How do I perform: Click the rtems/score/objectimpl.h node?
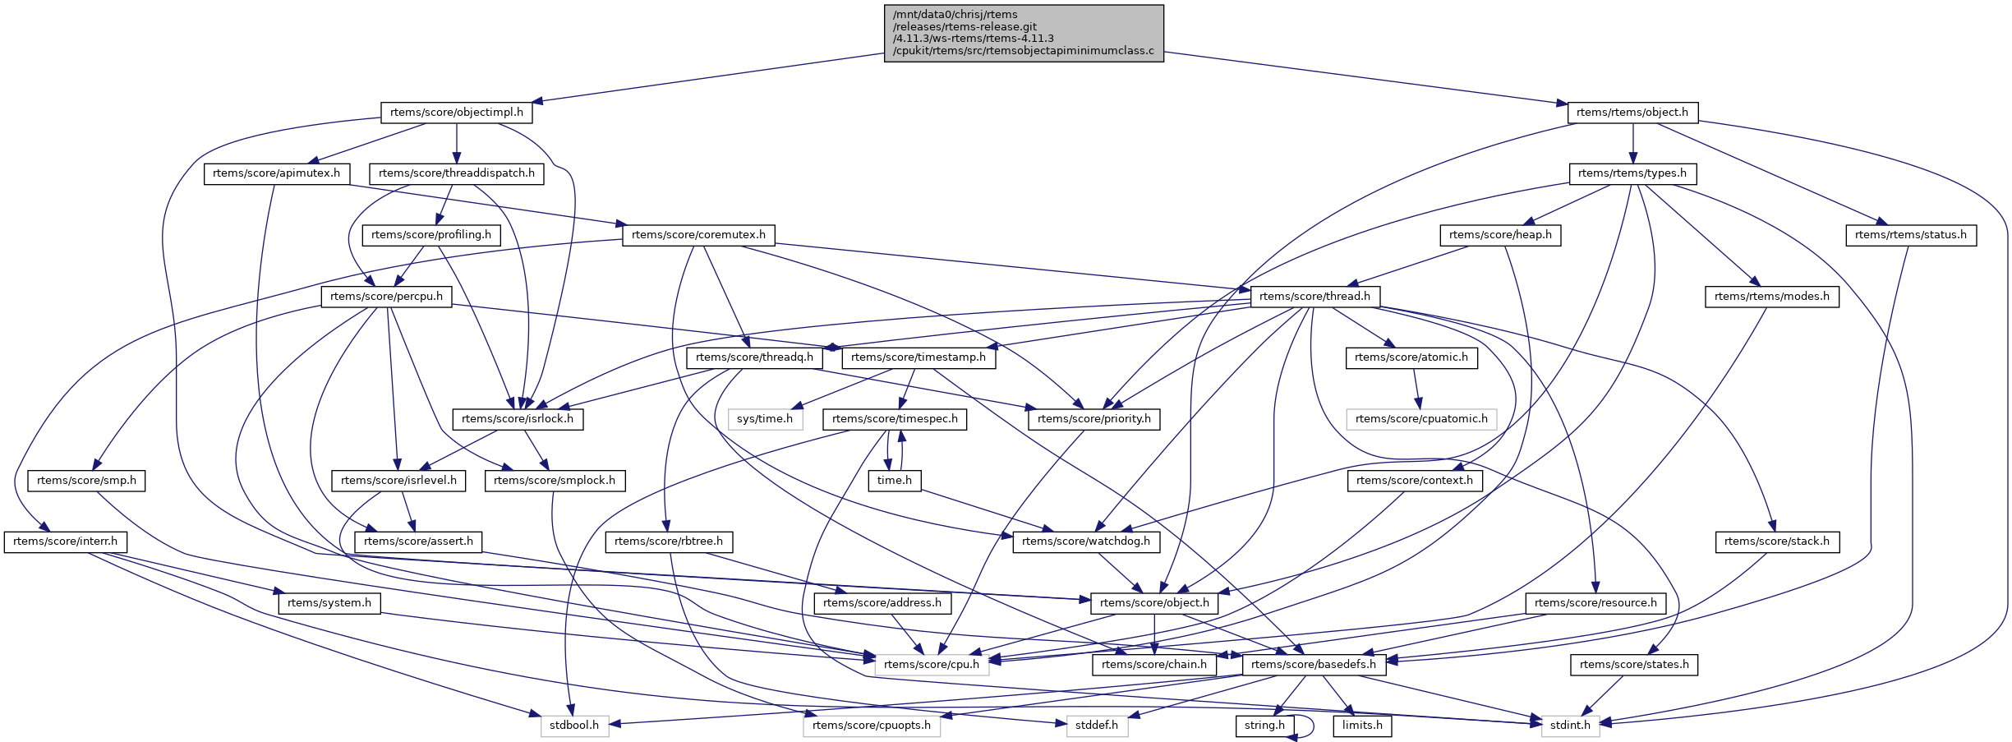click(457, 113)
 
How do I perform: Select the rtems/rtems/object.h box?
click(1632, 113)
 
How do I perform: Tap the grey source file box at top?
click(1024, 33)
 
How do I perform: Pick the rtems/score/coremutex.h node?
click(698, 235)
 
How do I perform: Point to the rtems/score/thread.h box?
click(1314, 296)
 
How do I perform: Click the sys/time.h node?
click(764, 419)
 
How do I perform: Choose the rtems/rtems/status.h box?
click(1910, 235)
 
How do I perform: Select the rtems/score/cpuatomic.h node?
click(1421, 419)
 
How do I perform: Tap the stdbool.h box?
click(574, 726)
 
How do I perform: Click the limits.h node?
click(1362, 726)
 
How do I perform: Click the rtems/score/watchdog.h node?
click(1086, 542)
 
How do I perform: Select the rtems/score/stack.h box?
click(1776, 542)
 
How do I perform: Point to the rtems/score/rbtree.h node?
click(669, 542)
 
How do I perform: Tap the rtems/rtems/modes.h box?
click(1771, 296)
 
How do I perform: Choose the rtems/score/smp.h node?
click(86, 481)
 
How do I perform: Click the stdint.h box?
click(1570, 726)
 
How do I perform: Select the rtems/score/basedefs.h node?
click(1313, 665)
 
